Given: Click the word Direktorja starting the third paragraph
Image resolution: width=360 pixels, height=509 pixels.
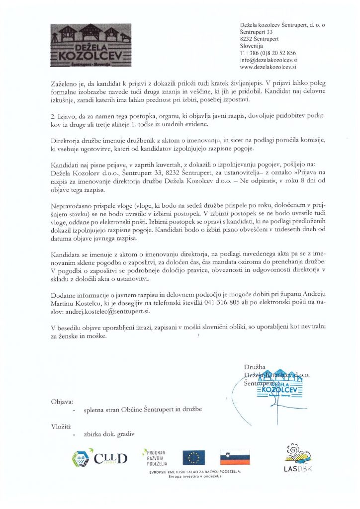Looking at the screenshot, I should pyautogui.click(x=67, y=141).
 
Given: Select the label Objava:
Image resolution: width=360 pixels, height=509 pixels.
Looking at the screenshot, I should pyautogui.click(x=62, y=401).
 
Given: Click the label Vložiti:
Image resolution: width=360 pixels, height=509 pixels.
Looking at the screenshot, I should pyautogui.click(x=61, y=426).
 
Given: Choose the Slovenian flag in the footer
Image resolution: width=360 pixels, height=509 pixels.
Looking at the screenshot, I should pyautogui.click(x=235, y=457).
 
